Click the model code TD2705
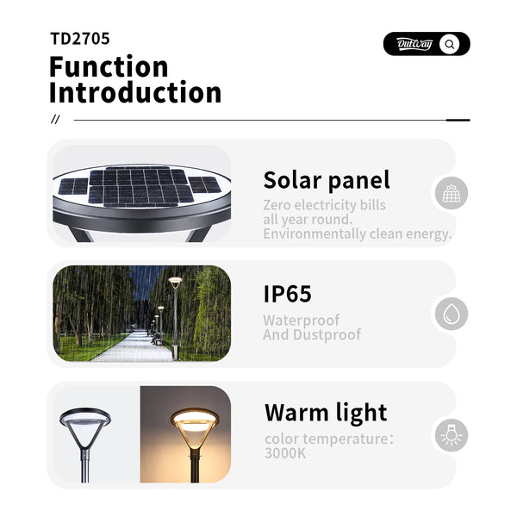[80, 39]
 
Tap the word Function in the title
[109, 66]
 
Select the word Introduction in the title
[135, 93]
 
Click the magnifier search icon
[450, 44]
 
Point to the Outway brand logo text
[414, 44]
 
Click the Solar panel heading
[327, 180]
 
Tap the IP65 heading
[287, 294]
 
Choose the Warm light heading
[326, 412]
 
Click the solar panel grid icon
[451, 194]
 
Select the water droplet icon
[451, 315]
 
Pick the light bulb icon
[451, 435]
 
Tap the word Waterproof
[302, 321]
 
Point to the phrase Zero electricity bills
[325, 205]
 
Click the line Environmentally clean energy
[357, 234]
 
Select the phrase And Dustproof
[312, 334]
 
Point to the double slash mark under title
[56, 120]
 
